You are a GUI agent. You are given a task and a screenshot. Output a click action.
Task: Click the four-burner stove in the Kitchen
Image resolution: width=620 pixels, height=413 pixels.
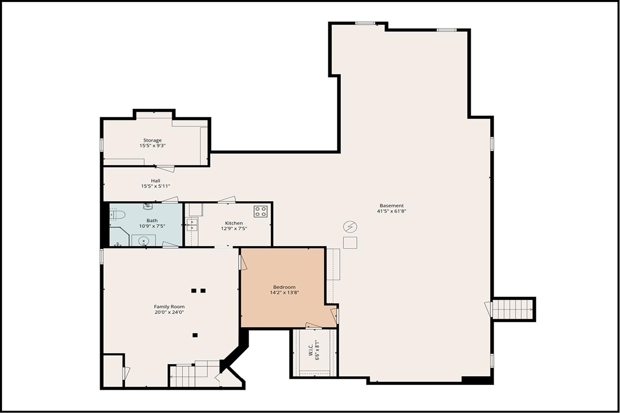[x=260, y=211]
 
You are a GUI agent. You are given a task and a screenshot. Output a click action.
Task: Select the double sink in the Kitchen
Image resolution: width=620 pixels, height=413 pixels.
[x=192, y=225]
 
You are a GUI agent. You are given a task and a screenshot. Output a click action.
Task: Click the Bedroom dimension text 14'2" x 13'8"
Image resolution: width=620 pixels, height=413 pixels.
[x=284, y=293]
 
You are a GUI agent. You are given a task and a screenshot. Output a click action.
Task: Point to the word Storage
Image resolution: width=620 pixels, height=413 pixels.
[x=152, y=140]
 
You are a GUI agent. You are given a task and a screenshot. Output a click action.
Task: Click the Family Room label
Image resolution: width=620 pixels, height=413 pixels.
[x=169, y=307]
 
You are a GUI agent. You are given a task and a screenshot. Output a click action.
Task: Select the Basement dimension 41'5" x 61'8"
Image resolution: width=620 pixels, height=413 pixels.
[x=391, y=211]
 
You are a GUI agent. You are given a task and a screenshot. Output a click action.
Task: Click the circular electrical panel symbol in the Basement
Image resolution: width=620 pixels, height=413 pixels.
[x=349, y=226]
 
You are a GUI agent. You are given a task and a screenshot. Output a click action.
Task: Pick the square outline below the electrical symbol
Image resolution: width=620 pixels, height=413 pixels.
[x=349, y=242]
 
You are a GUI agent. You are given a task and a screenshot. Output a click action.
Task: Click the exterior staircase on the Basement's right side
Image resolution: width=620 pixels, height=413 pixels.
[x=513, y=310]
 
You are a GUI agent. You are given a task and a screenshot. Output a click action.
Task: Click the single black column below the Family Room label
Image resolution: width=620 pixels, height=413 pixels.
[x=195, y=335]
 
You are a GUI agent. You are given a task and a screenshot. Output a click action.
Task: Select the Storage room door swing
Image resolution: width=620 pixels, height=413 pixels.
[x=166, y=169]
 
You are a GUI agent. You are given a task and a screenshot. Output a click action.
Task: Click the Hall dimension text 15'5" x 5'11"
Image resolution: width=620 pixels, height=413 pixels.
[x=155, y=186]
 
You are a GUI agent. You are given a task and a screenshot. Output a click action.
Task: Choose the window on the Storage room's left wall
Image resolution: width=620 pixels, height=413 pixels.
[x=102, y=145]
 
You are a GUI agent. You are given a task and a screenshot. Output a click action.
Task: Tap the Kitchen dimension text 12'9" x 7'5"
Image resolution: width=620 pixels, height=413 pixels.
[x=234, y=229]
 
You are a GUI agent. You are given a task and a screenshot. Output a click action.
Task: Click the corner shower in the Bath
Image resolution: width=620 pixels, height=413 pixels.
[x=119, y=237]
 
